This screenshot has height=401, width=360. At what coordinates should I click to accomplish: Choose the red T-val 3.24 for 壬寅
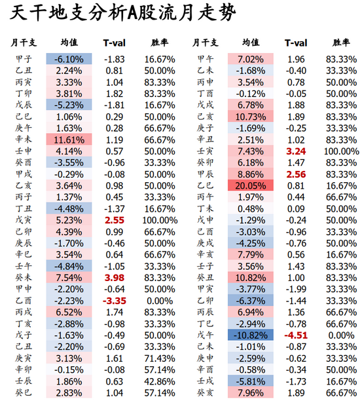pos(296,151)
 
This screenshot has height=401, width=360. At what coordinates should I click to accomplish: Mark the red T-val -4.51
pos(296,335)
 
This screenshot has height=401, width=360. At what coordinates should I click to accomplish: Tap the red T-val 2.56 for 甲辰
pos(296,174)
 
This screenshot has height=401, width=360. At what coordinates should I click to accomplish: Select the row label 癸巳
pos(24,392)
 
